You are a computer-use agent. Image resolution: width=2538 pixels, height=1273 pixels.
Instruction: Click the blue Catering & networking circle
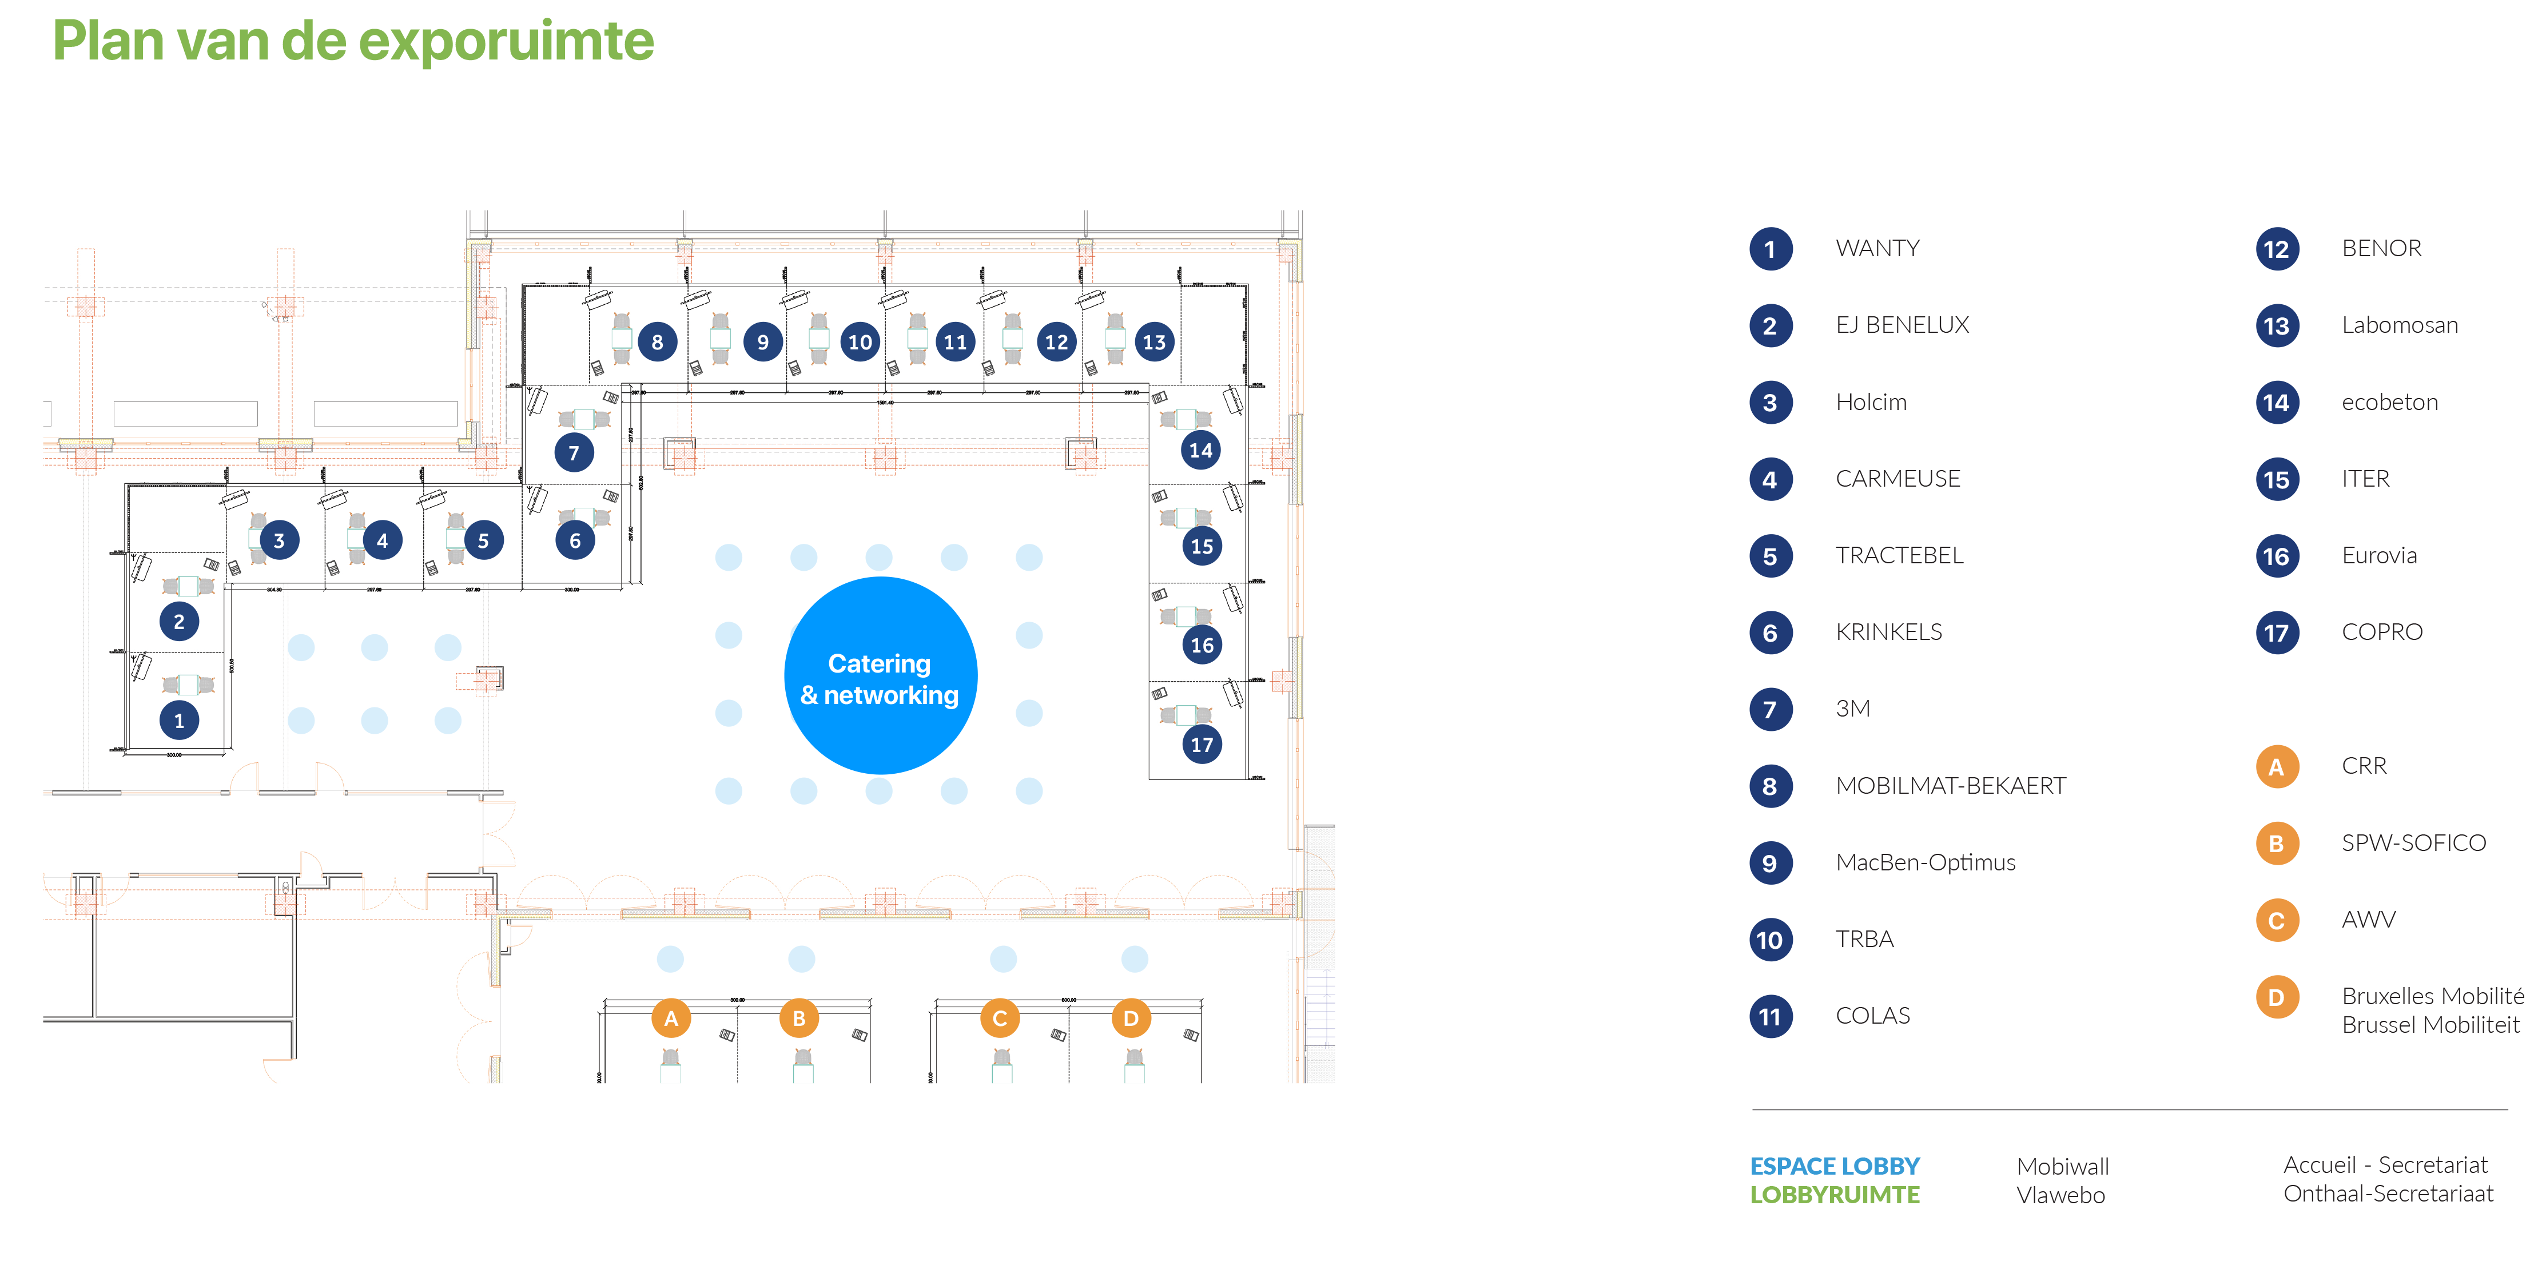pos(880,676)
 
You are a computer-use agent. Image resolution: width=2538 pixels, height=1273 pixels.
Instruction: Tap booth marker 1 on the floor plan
pos(178,720)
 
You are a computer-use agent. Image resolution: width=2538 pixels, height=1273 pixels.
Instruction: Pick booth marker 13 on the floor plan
pos(1153,342)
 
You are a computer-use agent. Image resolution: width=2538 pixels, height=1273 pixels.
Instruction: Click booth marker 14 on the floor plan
pos(1200,450)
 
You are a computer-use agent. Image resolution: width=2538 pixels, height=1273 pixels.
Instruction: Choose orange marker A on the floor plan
pos(671,1018)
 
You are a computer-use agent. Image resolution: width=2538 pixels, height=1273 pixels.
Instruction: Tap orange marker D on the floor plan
pos(1130,1018)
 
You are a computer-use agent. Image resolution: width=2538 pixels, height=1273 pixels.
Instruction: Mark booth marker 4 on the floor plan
pos(382,540)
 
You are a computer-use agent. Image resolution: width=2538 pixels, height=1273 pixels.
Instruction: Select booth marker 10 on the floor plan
pos(860,342)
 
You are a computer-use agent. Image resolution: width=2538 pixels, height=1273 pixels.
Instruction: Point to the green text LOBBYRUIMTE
pos(1835,1194)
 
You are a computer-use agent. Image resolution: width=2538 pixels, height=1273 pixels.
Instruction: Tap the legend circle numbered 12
pos(2276,249)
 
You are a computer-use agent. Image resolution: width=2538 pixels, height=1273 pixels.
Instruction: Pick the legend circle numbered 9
pos(1769,863)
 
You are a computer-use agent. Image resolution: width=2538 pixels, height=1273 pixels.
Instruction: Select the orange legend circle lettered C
pos(2276,920)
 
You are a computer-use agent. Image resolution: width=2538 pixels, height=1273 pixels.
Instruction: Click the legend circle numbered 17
pos(2276,632)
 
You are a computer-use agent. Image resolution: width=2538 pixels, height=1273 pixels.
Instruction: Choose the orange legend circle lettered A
pos(2276,766)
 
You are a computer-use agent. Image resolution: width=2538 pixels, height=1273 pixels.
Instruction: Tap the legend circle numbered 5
pos(1769,556)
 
